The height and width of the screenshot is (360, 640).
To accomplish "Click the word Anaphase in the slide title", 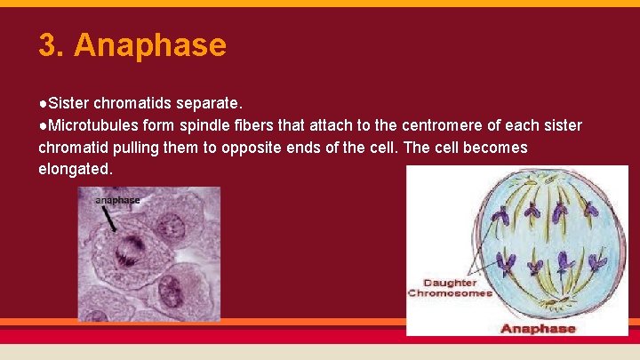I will [x=150, y=45].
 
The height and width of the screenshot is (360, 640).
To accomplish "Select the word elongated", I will [x=75, y=169].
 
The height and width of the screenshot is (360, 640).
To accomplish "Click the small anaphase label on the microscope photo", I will [x=117, y=200].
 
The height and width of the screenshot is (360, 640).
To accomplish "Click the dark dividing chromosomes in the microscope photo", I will [x=133, y=245].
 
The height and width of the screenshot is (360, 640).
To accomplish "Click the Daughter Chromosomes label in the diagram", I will [x=450, y=287].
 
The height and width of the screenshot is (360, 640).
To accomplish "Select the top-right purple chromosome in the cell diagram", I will [x=594, y=213].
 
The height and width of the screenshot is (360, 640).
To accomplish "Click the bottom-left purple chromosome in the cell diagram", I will [x=508, y=261].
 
